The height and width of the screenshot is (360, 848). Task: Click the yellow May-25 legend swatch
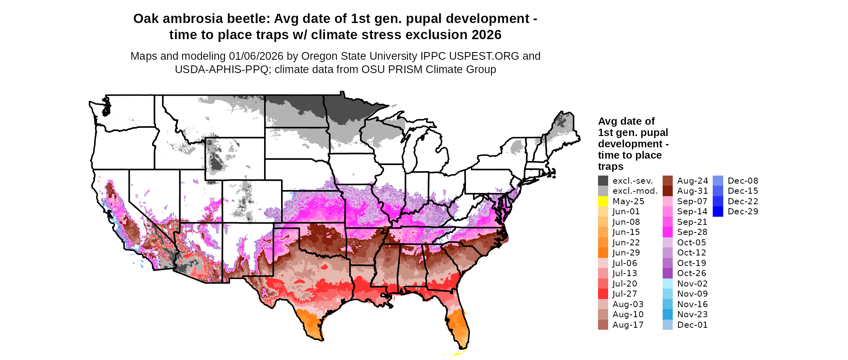tap(603, 201)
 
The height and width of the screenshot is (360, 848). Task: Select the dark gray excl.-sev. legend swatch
tap(603, 181)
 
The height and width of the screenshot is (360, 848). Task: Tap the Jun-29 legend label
tap(626, 253)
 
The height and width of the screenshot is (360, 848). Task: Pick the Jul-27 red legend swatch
tap(603, 294)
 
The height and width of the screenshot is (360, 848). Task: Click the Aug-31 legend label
tap(692, 191)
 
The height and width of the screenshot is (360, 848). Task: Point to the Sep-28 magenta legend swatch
tap(667, 232)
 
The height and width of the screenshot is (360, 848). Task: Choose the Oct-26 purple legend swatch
tap(667, 273)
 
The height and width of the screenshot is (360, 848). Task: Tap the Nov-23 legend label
tap(692, 314)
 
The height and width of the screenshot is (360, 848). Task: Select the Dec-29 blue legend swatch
tap(718, 211)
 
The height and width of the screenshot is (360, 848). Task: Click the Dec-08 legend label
tap(743, 181)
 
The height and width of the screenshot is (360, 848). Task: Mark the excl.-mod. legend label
tap(635, 191)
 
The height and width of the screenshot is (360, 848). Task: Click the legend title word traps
tap(611, 167)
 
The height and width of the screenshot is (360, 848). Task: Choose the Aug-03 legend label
tap(628, 304)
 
